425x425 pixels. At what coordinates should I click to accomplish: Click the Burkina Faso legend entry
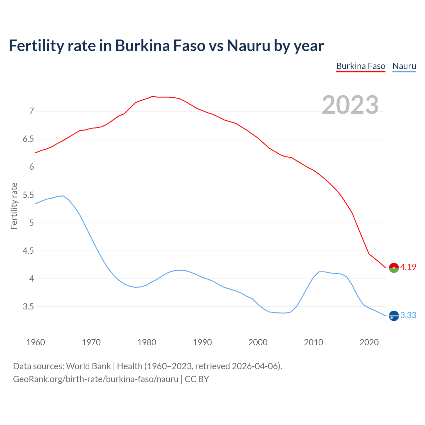click(361, 66)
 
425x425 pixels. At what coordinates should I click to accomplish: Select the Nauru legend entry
click(404, 66)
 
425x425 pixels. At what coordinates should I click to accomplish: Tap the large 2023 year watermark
click(350, 105)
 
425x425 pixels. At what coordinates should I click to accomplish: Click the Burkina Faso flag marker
click(394, 268)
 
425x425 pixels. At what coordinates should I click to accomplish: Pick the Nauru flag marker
click(394, 315)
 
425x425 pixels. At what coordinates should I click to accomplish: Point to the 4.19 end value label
click(408, 267)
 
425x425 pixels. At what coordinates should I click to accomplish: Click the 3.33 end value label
click(408, 315)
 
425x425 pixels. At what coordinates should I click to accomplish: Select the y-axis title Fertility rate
click(14, 206)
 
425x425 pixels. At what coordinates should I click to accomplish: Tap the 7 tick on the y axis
click(32, 111)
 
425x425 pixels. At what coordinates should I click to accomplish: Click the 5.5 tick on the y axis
click(28, 195)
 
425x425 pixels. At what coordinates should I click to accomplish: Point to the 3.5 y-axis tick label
click(28, 306)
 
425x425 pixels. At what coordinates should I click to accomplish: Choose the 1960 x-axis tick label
click(36, 342)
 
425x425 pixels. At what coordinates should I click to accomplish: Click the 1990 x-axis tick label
click(202, 342)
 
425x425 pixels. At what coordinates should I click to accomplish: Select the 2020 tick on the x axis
click(369, 342)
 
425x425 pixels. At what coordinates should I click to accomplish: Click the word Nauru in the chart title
click(248, 45)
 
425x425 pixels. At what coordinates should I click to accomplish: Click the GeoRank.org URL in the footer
click(96, 379)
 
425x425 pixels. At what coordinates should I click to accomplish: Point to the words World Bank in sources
click(88, 366)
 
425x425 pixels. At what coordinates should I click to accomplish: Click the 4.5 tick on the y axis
click(28, 251)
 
